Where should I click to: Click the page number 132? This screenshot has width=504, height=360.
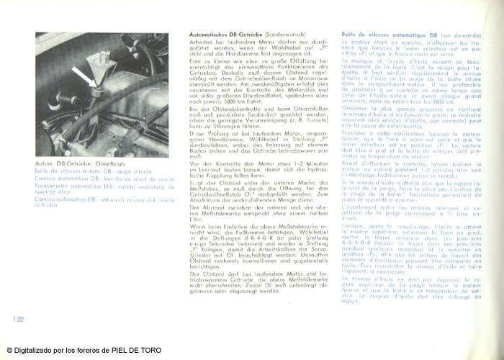coord(18,318)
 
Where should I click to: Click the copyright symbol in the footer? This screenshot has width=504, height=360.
coord(9,350)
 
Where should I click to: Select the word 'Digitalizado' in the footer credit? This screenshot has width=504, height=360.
coord(33,350)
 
